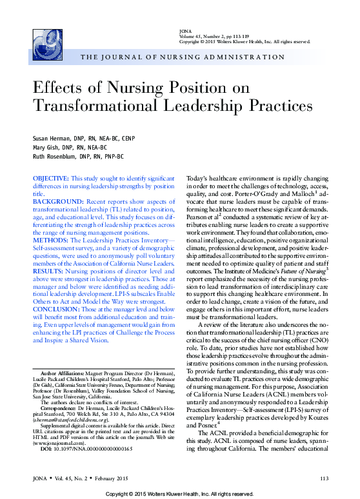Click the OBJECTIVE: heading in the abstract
pos(50,177)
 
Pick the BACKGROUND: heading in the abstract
pos(55,202)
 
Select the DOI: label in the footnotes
pos(46,449)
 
